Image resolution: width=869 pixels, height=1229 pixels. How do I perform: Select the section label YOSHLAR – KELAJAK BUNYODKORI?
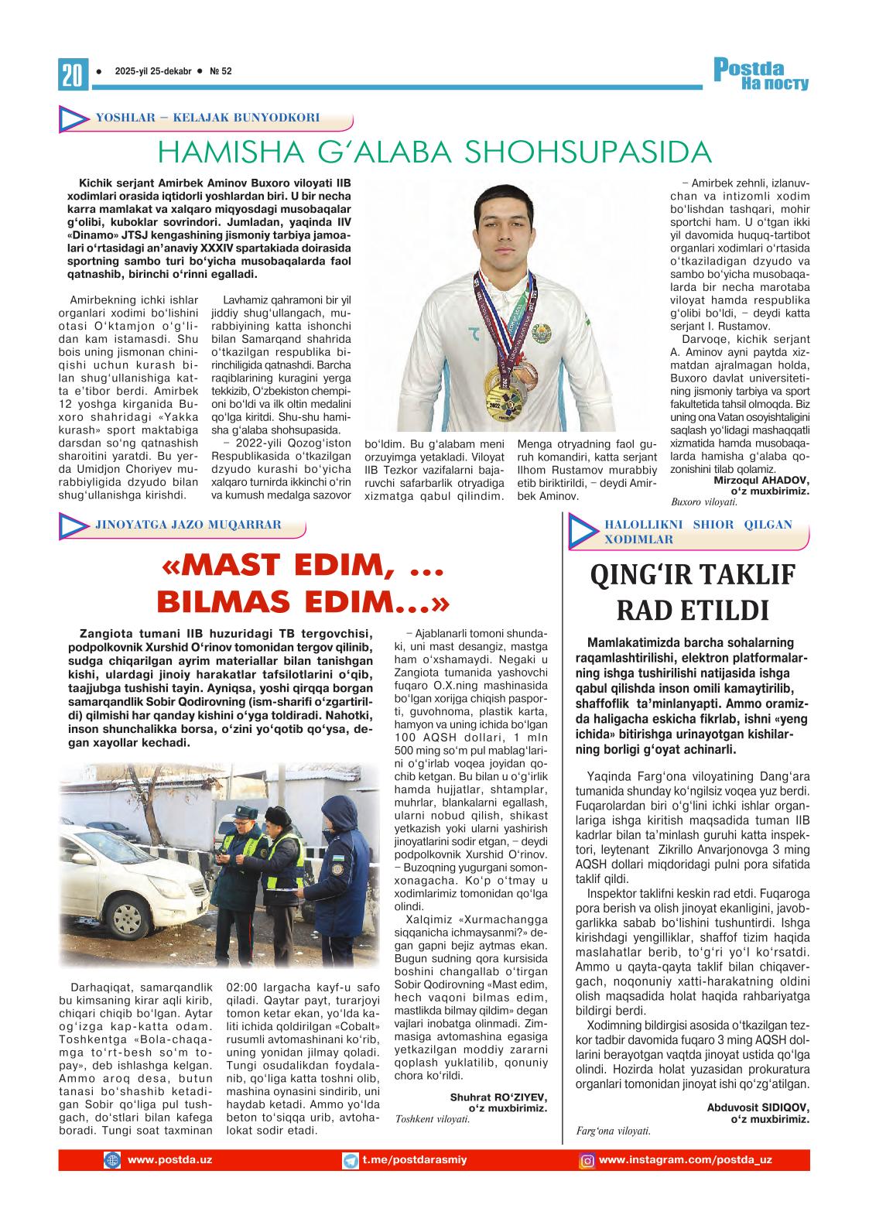[x=207, y=118]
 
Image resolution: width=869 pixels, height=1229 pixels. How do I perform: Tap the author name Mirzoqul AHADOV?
[x=760, y=481]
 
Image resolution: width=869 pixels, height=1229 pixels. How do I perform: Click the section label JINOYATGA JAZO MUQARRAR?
[x=187, y=524]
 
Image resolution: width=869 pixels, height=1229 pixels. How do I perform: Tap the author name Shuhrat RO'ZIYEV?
[x=498, y=1097]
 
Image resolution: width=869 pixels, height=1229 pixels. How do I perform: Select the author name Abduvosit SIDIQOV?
[x=758, y=1107]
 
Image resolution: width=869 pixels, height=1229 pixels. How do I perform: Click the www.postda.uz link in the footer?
[x=169, y=1160]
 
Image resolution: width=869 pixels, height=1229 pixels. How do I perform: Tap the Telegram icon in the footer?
[x=351, y=1161]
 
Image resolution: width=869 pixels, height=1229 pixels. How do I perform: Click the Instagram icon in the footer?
[x=587, y=1161]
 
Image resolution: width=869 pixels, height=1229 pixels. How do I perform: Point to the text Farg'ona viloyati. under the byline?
[x=614, y=1131]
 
